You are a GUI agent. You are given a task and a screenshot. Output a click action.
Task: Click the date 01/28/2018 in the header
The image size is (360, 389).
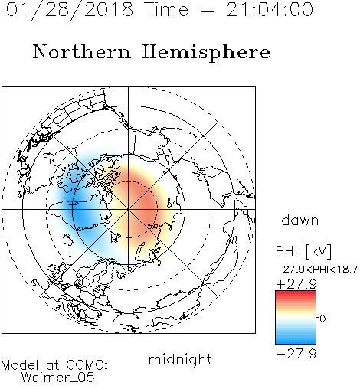70,10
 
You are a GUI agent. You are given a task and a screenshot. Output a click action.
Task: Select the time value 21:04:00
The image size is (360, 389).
270,10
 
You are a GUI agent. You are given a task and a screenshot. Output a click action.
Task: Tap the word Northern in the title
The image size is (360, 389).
82,52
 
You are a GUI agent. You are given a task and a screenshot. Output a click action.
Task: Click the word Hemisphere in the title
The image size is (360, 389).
206,53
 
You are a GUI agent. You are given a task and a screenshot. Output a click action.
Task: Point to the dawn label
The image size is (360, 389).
300,220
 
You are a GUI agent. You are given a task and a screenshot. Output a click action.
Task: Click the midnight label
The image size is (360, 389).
180,359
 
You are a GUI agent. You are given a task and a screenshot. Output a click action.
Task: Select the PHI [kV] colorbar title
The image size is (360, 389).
303,251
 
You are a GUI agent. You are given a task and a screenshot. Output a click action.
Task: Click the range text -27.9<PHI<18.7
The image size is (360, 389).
316,270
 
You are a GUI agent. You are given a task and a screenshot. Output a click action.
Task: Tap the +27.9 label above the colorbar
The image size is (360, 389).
296,284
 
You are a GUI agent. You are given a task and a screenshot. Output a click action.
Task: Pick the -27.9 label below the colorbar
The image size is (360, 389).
296,354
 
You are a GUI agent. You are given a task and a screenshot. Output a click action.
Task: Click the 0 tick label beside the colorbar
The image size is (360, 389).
322,319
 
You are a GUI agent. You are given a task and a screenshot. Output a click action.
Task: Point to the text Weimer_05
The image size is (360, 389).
57,378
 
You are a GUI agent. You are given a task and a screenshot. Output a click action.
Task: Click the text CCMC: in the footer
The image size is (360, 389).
87,365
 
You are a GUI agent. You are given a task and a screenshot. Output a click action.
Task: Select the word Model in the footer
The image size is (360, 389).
20,365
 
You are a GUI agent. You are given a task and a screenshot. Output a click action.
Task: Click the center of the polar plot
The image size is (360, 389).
129,209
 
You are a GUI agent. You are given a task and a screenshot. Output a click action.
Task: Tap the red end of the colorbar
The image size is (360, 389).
296,293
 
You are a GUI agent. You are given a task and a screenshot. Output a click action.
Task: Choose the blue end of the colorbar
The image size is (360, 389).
296,341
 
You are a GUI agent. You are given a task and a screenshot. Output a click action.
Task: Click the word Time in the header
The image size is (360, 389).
166,10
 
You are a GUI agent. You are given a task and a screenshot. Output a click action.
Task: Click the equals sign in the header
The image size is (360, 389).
208,10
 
